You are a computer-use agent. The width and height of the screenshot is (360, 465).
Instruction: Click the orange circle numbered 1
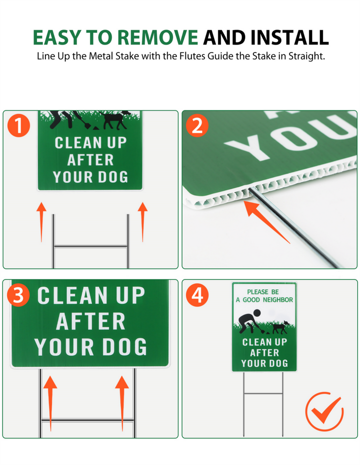(18, 125)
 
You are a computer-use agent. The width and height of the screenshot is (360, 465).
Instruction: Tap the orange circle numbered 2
(197, 125)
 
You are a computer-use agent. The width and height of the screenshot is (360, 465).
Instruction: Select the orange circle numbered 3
(18, 295)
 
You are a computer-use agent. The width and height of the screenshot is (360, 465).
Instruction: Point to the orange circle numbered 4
(197, 295)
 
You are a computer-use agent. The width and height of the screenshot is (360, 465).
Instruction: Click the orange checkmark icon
(324, 411)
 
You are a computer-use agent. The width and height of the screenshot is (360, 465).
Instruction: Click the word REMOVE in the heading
(157, 37)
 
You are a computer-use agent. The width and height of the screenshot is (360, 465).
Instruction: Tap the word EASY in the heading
(56, 37)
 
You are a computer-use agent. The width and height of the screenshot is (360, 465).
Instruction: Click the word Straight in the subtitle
(306, 56)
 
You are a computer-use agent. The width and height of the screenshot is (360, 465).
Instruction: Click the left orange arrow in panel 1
(41, 222)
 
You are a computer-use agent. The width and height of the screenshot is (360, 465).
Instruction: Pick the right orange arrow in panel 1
(142, 222)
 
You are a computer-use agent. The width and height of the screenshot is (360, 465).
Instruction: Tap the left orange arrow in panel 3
(50, 403)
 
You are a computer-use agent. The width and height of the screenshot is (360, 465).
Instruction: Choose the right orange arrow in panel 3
(122, 403)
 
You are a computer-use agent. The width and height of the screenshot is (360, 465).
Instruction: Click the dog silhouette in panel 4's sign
(279, 327)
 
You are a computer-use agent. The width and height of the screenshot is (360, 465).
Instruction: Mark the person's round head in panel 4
(256, 312)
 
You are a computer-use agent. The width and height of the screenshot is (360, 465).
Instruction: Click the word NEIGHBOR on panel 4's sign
(278, 300)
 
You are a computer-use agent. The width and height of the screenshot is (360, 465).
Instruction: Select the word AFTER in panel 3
(90, 321)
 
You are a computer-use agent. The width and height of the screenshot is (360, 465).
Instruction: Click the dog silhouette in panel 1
(115, 119)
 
